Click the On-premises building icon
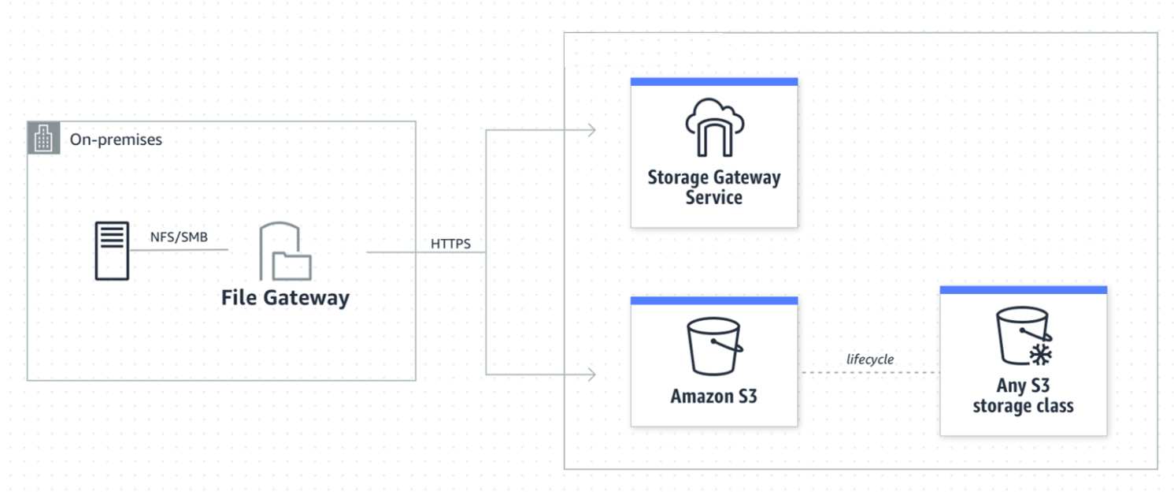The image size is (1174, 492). [43, 138]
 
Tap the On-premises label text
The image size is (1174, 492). [116, 140]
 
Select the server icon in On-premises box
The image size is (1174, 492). [112, 251]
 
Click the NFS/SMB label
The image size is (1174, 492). [179, 237]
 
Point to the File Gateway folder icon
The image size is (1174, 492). [286, 251]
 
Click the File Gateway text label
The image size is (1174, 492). [285, 298]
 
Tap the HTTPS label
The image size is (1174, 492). [450, 244]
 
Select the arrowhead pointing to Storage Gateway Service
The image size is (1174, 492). [592, 129]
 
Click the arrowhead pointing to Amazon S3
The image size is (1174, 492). [592, 375]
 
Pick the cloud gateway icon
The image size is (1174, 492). [714, 128]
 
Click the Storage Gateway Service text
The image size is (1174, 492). [714, 188]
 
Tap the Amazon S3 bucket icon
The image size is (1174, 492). [714, 346]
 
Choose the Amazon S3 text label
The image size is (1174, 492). [714, 396]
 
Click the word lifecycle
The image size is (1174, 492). [870, 360]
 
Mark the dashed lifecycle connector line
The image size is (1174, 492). [871, 372]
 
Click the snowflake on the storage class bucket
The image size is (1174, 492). [1040, 355]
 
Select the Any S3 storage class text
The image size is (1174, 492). [1023, 395]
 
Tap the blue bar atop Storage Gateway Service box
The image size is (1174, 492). [714, 82]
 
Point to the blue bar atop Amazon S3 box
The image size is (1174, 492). [714, 300]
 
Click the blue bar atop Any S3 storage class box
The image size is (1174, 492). [1023, 290]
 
